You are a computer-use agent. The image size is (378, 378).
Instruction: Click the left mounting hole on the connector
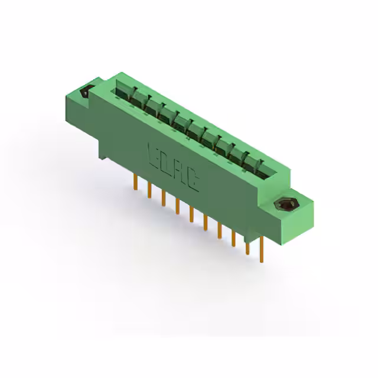[84, 92]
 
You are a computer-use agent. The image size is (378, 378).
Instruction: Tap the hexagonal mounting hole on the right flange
[286, 206]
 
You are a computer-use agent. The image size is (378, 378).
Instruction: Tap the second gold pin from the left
[149, 190]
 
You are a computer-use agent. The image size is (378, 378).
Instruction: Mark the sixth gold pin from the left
[206, 224]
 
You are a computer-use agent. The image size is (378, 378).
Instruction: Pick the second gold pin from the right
[247, 248]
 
